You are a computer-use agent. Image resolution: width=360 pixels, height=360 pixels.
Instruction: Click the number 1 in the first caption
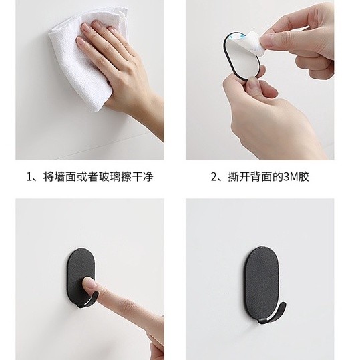(29, 177)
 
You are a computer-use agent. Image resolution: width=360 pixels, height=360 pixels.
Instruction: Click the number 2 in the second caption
(214, 177)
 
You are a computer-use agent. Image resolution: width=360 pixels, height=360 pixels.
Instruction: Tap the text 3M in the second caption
(291, 177)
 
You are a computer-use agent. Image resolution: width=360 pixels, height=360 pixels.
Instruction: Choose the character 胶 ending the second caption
(304, 177)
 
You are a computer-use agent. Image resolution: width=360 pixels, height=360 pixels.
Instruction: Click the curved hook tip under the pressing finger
(88, 301)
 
